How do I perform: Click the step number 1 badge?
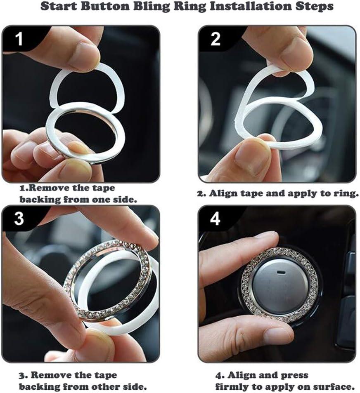pos(19,39)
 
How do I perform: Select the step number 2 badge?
pos(215,39)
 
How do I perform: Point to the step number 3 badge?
pos(19,219)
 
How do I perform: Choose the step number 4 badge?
pos(215,219)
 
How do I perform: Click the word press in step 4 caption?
pos(295,376)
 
